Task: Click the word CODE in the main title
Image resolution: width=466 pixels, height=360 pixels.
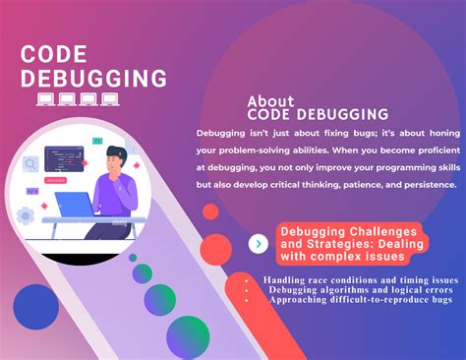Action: (55, 56)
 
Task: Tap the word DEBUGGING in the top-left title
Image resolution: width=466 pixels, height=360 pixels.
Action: (93, 79)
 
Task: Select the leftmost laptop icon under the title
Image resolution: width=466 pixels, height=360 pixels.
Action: (45, 98)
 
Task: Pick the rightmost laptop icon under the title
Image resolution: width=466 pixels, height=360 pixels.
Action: (109, 98)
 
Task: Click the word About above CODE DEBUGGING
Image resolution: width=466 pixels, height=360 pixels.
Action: (270, 100)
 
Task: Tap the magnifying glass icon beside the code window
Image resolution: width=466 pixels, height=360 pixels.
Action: (30, 164)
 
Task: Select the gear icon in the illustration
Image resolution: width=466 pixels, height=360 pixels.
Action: (26, 214)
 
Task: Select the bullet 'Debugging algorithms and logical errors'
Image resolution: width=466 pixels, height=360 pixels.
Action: (359, 290)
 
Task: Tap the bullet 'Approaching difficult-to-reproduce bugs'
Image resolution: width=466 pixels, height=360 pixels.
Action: (361, 300)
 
